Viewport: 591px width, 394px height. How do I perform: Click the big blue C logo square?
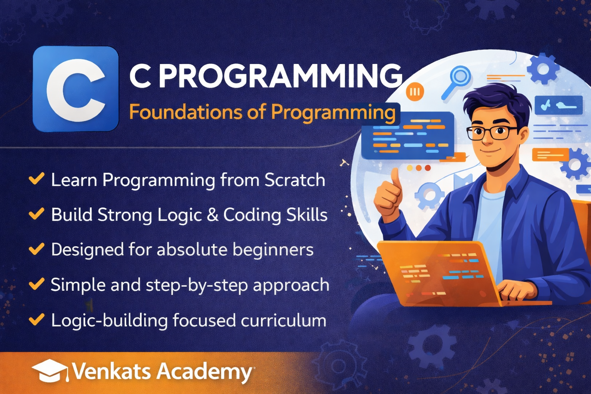76,88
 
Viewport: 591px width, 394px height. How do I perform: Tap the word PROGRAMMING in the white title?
281,76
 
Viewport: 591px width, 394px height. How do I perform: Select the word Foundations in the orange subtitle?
185,112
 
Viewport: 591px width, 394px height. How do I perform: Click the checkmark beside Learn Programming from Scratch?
37,179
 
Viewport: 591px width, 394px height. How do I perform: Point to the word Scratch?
295,180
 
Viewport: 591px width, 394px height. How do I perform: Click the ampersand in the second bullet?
213,215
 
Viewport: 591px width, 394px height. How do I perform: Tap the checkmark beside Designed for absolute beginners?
37,249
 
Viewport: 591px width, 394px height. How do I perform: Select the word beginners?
273,250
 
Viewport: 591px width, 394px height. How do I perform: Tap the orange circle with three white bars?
415,92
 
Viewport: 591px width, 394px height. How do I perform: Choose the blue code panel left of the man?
408,135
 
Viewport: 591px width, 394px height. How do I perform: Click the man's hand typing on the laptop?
516,289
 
